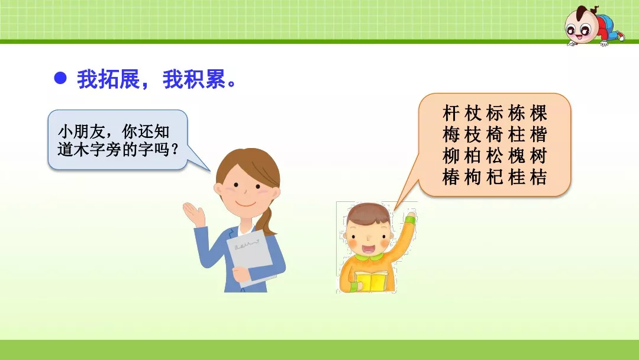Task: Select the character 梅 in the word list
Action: pos(451,135)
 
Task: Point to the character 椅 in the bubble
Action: pos(495,135)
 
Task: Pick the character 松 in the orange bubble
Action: pos(495,156)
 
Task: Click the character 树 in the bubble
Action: pos(538,156)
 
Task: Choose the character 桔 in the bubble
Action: pos(538,178)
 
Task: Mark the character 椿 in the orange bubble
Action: pos(451,178)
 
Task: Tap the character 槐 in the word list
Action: pos(517,156)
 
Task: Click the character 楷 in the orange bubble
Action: pos(538,135)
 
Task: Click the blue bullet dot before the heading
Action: pos(60,78)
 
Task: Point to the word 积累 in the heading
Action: pos(205,79)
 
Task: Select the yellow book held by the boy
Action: pos(371,281)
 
